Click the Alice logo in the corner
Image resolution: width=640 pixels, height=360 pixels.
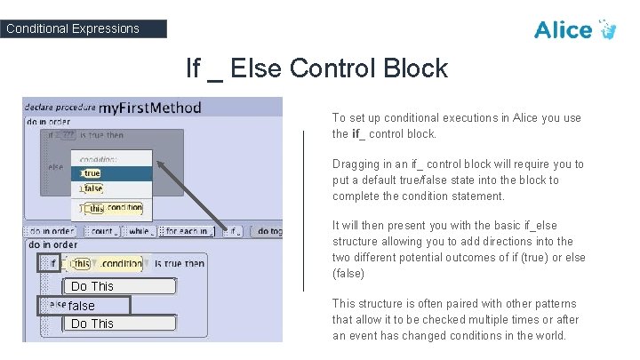586,29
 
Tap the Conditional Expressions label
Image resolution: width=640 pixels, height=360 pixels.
73,28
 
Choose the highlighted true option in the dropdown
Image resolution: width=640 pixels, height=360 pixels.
92,173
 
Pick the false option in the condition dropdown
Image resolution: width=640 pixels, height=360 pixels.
93,189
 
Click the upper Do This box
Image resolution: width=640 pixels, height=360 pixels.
93,286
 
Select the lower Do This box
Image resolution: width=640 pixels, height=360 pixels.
93,324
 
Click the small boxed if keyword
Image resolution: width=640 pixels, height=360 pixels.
49,263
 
